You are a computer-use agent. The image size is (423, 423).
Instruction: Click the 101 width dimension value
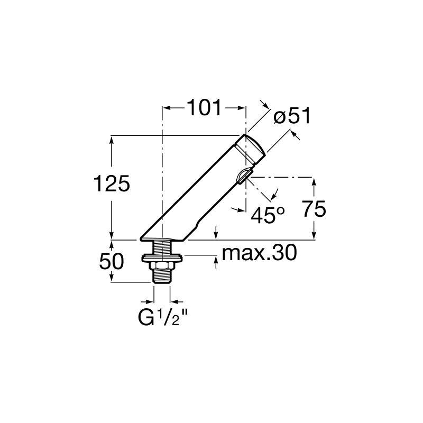coord(204,108)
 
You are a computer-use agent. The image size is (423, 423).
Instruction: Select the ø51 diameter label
coord(292,116)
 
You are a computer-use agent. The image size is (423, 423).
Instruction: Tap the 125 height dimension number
coord(112,183)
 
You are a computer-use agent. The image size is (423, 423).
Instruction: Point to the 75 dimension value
coord(314,208)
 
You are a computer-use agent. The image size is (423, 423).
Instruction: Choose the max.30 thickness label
coord(259,253)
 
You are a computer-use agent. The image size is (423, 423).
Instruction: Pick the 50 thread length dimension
coord(112,261)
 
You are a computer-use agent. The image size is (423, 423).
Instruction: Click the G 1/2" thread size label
coord(163,317)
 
